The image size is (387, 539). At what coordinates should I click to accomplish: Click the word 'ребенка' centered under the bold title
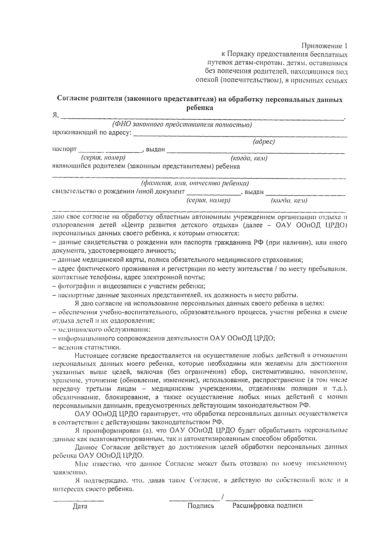tap(200, 108)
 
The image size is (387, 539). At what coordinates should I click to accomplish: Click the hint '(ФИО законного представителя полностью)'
tap(182, 125)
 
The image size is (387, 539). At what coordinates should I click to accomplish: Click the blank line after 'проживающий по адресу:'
tap(240, 137)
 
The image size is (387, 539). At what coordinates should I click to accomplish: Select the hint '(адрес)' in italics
tap(264, 142)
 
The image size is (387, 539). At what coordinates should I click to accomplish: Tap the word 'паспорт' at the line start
tap(64, 149)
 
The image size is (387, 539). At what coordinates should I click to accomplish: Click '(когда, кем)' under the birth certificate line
tap(289, 201)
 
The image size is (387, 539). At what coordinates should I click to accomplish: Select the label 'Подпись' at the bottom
tap(201, 506)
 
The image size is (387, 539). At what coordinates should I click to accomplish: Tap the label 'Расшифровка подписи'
tap(267, 506)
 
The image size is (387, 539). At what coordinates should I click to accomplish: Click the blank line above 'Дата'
tap(78, 500)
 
